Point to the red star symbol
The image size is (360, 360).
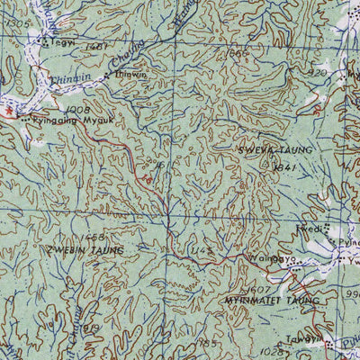coord(11,111)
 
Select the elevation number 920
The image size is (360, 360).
coord(316,72)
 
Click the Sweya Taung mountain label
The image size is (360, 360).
coord(275,149)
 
